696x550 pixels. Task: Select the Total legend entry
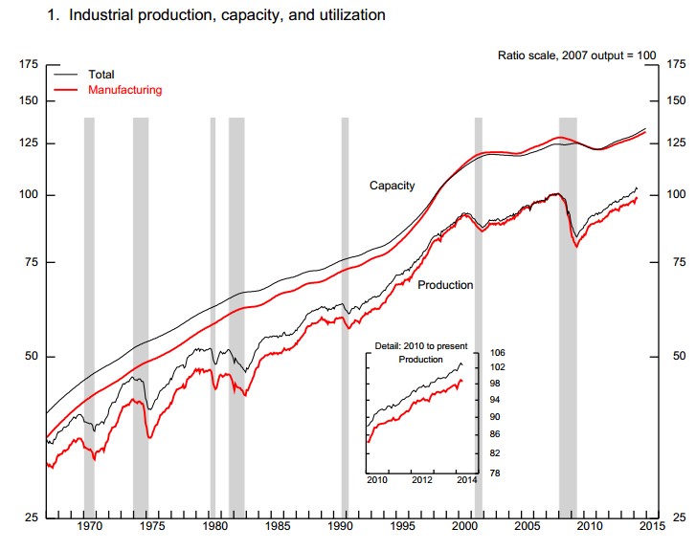101,74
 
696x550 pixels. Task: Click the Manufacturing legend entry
124,90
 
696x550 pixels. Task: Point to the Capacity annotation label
393,186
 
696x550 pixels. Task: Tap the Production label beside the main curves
445,285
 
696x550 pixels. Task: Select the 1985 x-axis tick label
278,526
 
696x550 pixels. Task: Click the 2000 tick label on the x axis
465,526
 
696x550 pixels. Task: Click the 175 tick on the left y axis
27,64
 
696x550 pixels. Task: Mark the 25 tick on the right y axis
675,518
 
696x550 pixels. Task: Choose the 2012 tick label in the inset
422,479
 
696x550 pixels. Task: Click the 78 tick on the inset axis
496,473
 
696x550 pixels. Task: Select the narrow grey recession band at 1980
213,316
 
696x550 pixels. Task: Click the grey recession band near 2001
479,316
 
